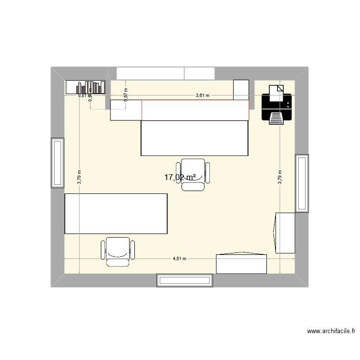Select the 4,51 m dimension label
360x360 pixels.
180,259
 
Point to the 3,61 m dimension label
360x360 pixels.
203,95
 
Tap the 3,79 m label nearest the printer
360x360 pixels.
280,177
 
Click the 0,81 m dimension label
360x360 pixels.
83,95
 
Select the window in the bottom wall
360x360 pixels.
184,280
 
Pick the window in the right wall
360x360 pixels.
302,183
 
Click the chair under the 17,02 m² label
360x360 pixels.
193,174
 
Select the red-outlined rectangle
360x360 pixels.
195,109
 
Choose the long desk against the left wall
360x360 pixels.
116,214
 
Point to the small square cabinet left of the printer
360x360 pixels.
240,90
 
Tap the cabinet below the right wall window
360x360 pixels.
284,233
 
